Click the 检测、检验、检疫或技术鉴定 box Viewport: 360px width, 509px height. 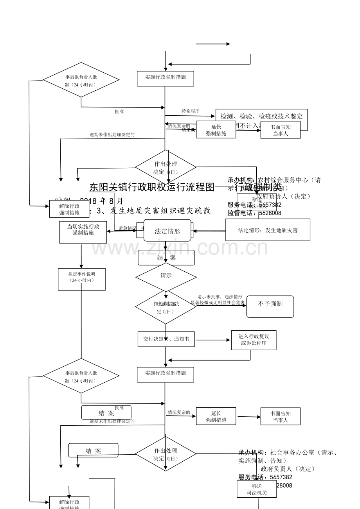[x=261, y=116]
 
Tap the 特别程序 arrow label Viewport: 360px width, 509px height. [x=191, y=111]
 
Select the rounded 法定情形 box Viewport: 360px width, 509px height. [x=167, y=231]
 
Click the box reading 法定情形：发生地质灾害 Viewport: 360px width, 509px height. [x=268, y=230]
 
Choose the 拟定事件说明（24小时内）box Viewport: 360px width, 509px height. [x=81, y=279]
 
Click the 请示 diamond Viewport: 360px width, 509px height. [x=166, y=276]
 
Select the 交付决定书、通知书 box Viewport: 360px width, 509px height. [x=166, y=339]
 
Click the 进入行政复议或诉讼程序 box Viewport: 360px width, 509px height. [x=254, y=340]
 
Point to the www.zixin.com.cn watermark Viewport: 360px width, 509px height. [x=180, y=247]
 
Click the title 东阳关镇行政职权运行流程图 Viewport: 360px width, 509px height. [x=152, y=187]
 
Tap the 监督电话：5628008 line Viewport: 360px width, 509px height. [x=254, y=213]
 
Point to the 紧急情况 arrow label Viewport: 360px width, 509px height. [x=128, y=228]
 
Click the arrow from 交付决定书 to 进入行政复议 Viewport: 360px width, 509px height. [x=213, y=340]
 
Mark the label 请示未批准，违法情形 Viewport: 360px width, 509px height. [x=220, y=297]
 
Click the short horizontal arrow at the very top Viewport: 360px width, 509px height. [x=212, y=44]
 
